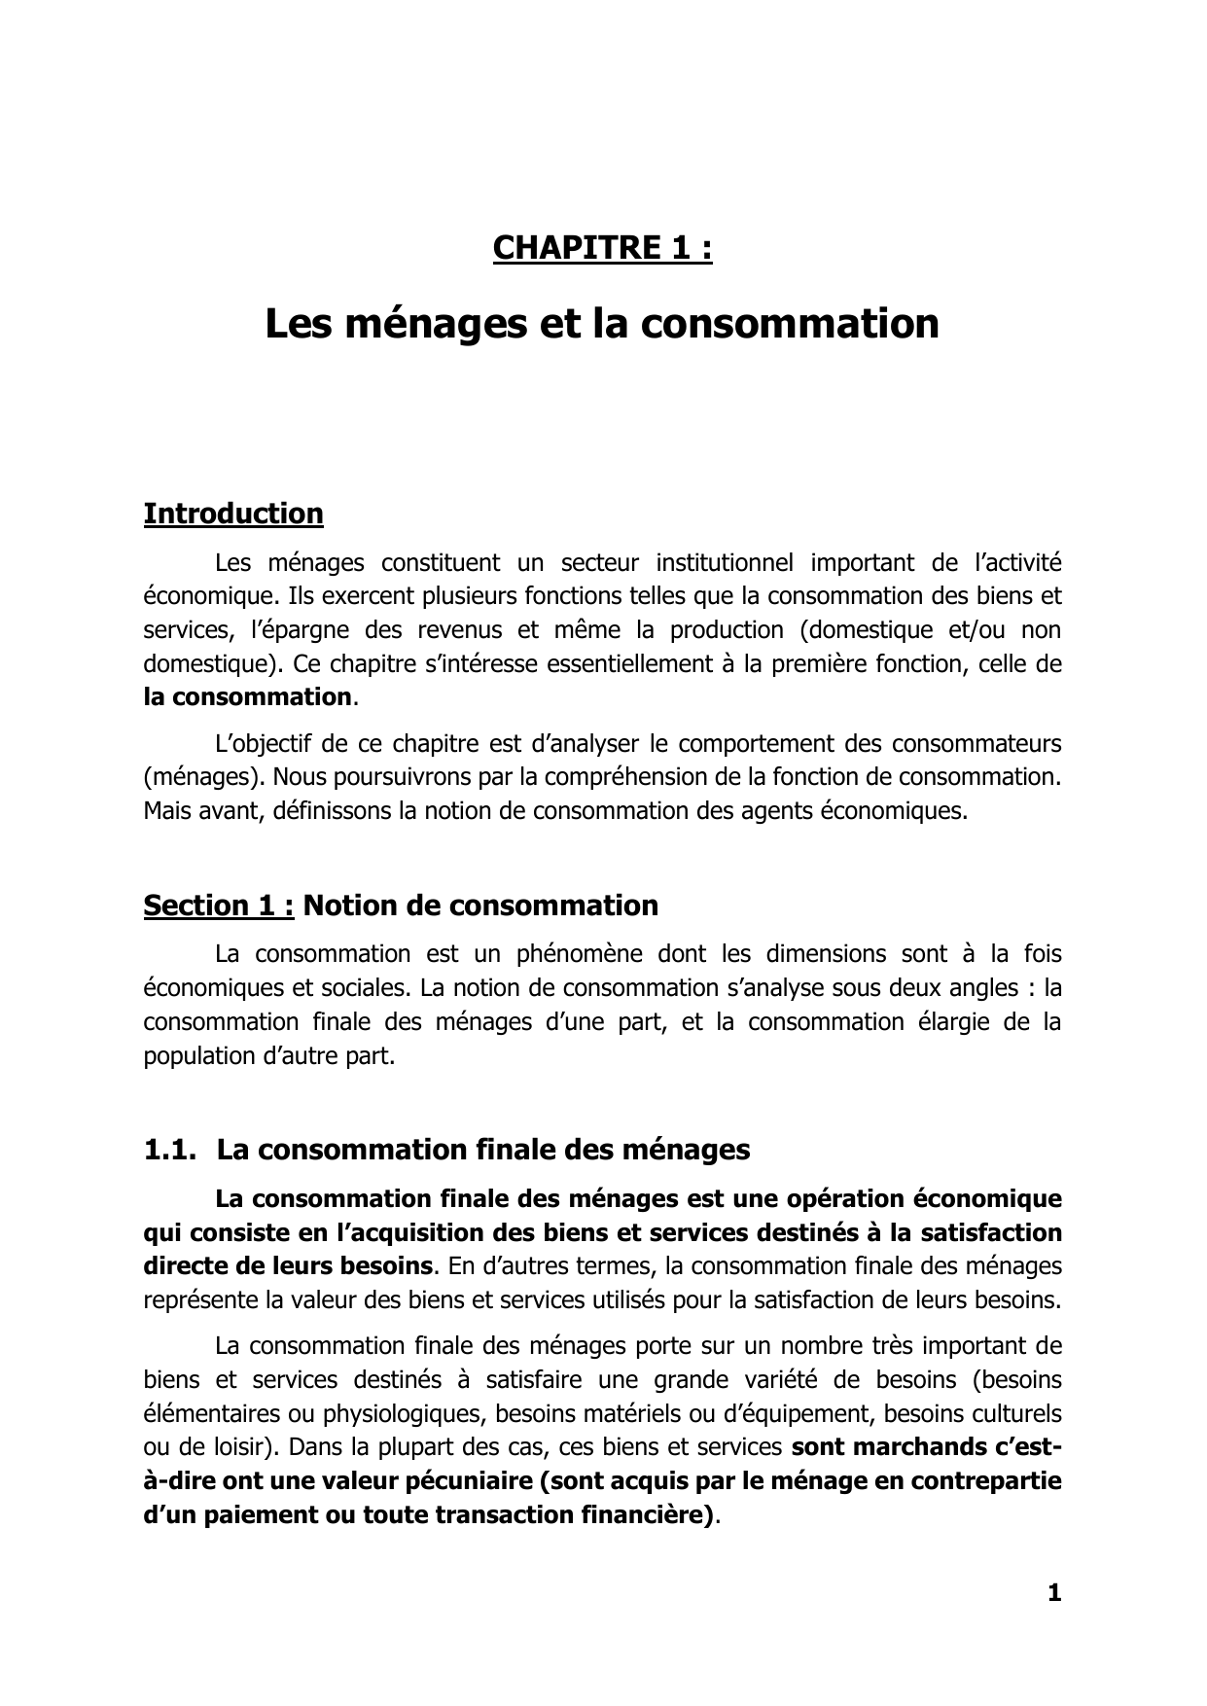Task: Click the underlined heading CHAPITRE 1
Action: (602, 249)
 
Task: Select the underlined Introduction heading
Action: (233, 514)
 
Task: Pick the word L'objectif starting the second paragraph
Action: (260, 744)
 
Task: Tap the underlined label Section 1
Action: (219, 906)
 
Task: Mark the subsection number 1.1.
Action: (167, 1150)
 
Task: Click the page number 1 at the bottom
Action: (1054, 1593)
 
